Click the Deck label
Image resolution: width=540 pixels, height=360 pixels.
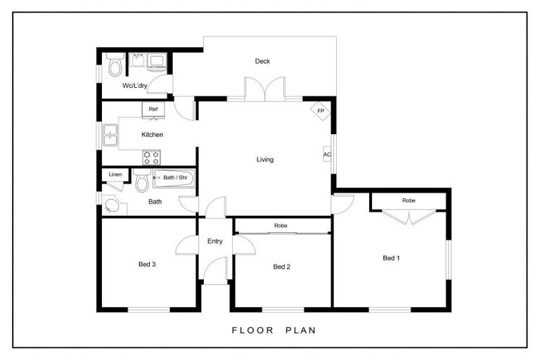coord(262,61)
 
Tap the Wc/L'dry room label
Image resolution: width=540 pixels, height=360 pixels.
coord(134,86)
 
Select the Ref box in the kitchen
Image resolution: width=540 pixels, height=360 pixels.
coord(153,109)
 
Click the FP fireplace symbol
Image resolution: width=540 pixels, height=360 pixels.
coord(320,111)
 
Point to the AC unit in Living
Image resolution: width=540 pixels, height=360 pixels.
coord(327,155)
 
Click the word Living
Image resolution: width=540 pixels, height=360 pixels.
coord(264,160)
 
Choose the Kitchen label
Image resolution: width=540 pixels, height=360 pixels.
coord(152,134)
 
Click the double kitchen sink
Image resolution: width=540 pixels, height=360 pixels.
coord(110,135)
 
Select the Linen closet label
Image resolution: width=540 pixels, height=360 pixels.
coord(115,174)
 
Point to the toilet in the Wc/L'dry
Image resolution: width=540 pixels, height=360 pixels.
coord(116,65)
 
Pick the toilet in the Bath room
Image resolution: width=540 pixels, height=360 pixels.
coord(141,182)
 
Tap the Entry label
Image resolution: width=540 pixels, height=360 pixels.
coord(214,241)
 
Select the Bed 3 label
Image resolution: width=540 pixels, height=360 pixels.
coord(146,264)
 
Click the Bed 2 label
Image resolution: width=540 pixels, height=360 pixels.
coord(281,266)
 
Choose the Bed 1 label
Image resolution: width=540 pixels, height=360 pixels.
coord(391,258)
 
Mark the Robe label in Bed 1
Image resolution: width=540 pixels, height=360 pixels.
coord(409,200)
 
